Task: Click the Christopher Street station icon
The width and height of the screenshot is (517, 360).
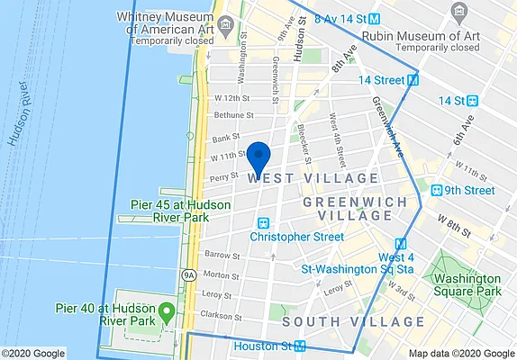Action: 264,222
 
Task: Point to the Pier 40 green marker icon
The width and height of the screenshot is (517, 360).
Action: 166,313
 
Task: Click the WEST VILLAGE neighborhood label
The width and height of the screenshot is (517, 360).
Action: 295,179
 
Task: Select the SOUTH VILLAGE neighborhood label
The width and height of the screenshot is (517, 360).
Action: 352,321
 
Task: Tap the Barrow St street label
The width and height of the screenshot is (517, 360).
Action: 222,256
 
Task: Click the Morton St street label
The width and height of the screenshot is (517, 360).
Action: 222,274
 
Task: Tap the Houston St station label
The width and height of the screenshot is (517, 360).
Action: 263,346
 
